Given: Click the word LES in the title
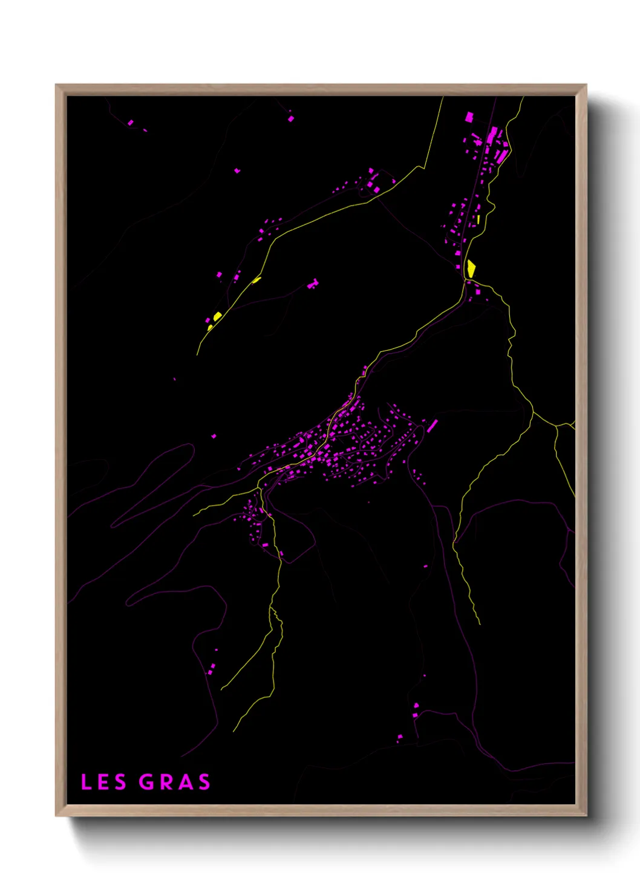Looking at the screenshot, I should pos(103,782).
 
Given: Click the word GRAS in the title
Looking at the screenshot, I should pos(175,782).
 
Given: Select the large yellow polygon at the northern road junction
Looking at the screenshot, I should pos(471,268).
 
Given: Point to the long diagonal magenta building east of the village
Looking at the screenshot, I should pos(433,426).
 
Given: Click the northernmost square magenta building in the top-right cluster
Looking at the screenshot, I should pos(468,117).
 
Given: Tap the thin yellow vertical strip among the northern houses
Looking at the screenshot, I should pos(478,219).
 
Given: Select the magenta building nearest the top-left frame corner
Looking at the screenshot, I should pos(131,123).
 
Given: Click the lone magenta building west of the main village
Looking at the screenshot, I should pos(214,435).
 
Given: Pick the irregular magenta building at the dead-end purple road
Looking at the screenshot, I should pos(313,284).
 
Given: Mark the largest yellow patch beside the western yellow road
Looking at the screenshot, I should pos(217,316).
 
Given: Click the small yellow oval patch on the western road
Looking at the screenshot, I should pos(256,279).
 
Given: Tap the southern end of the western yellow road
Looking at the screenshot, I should pos(198,354).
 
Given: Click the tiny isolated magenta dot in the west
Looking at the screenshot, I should pos(175,379).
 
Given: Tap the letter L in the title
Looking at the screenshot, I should pos(86,782).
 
